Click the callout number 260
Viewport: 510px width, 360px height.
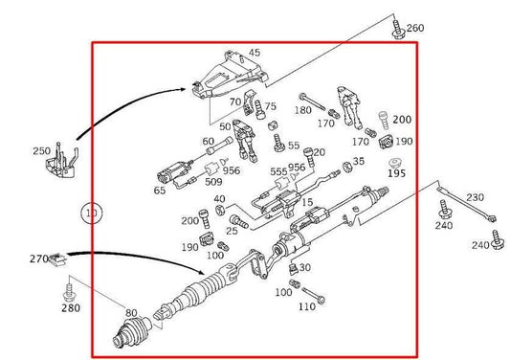tap(415, 28)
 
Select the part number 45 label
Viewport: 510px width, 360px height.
tap(255, 53)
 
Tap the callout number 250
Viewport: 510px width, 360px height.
tap(41, 151)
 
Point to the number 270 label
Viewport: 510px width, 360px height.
tap(38, 259)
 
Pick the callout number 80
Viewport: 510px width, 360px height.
tap(131, 312)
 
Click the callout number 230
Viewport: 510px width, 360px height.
tap(475, 198)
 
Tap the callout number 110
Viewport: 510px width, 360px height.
tap(306, 307)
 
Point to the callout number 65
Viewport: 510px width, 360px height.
tap(159, 191)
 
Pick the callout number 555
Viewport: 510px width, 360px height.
tap(278, 173)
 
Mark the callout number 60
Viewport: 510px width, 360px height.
tap(209, 142)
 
